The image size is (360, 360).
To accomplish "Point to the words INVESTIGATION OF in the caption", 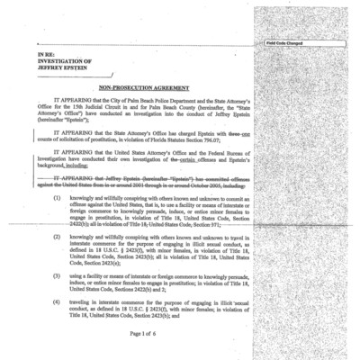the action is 62,63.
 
